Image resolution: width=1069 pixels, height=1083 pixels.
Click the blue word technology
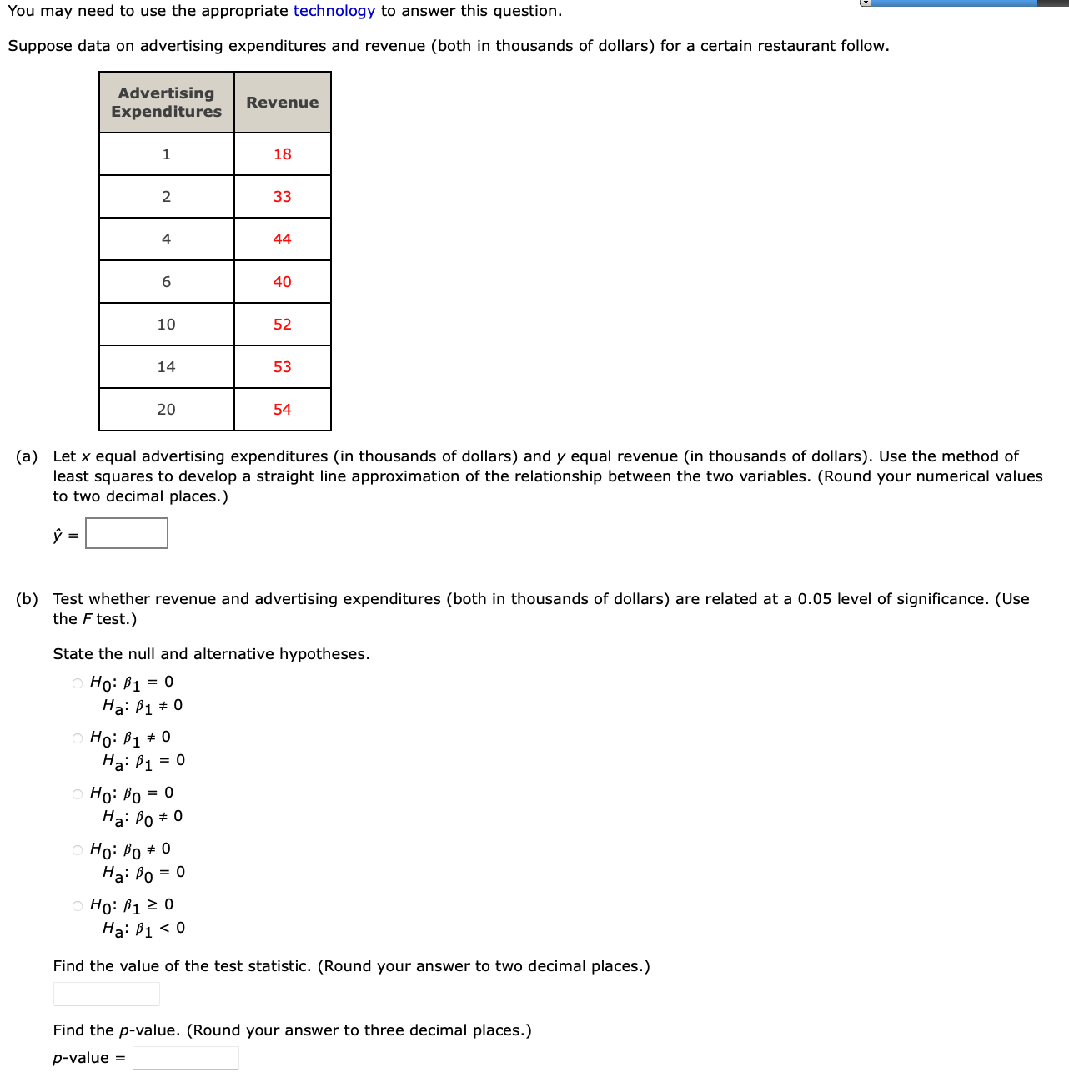click(334, 11)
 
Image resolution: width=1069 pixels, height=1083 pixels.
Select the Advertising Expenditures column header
click(167, 103)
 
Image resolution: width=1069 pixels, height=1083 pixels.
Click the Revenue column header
click(282, 103)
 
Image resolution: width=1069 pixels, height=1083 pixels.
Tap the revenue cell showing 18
click(282, 154)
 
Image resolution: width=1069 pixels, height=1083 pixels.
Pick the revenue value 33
click(282, 197)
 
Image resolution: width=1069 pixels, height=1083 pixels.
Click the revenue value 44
click(282, 239)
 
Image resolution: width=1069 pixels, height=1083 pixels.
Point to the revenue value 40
click(282, 282)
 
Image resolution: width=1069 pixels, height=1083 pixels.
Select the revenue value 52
click(282, 325)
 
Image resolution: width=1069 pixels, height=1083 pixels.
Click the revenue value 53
click(282, 367)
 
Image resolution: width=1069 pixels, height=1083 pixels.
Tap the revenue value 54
click(282, 410)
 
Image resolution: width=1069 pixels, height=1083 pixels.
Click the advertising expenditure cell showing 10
click(167, 325)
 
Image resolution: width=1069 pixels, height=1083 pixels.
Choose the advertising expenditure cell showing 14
click(167, 367)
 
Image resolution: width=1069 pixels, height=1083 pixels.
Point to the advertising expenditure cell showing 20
click(167, 410)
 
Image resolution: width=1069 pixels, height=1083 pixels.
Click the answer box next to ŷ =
click(127, 533)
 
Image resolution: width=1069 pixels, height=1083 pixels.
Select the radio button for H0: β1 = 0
click(78, 683)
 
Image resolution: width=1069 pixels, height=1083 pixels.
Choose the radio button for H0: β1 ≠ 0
click(78, 738)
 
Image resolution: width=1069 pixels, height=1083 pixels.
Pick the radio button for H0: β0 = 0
click(78, 794)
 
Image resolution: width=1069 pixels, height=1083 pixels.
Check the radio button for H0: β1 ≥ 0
click(78, 906)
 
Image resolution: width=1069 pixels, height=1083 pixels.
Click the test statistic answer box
click(107, 994)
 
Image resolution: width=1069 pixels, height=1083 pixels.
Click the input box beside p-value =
click(186, 1058)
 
